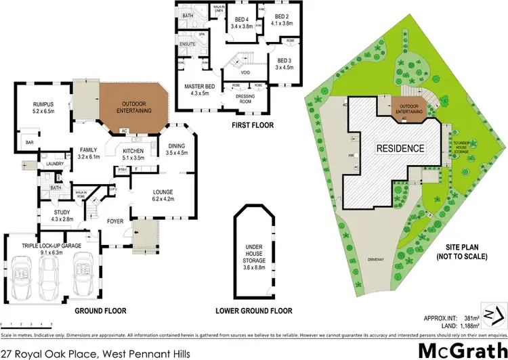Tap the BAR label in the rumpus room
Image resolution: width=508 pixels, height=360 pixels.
tap(29, 143)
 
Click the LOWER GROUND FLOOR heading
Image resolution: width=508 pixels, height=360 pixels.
tap(254, 311)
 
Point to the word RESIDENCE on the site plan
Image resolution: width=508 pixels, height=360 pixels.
tap(402, 148)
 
